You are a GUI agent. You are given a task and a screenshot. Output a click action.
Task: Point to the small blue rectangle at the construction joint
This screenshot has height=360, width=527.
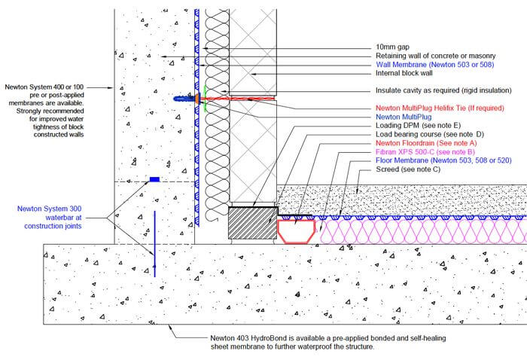click(x=154, y=179)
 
